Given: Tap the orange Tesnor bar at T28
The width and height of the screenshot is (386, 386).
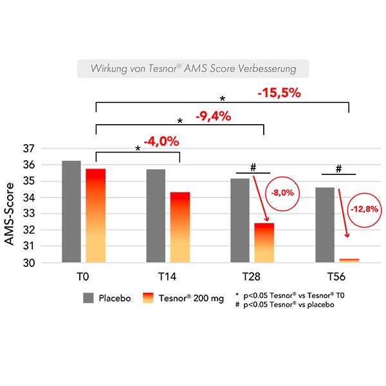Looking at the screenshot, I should coord(264,243).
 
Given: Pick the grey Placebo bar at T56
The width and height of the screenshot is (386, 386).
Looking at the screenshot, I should coord(325,225).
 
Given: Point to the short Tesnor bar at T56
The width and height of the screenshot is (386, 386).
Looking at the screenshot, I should coord(348,260).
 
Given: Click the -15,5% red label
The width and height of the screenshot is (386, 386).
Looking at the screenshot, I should coord(279,93).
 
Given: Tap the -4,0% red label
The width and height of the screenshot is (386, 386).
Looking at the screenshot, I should coord(161,141).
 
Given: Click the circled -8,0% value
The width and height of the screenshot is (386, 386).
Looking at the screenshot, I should coord(283,191).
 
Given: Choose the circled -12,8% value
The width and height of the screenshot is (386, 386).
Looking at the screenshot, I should coord(365,209).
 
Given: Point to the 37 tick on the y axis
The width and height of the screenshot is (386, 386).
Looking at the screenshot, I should coord(28,149).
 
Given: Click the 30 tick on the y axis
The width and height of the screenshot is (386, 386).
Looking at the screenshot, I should coord(28,262).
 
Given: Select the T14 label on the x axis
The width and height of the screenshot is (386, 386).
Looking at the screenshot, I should coord(167,277).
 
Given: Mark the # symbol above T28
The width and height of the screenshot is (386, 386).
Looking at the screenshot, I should coord(253,167).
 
